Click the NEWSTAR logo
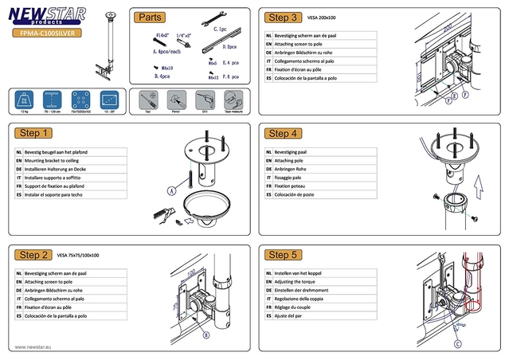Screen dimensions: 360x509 pyautogui.click(x=46, y=17)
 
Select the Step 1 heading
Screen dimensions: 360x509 pyautogui.click(x=35, y=133)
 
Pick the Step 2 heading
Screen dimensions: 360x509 pyautogui.click(x=35, y=255)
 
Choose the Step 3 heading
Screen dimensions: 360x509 pyautogui.click(x=284, y=17)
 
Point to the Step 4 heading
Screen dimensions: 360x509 pyautogui.click(x=284, y=133)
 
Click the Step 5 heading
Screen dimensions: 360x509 pyautogui.click(x=284, y=255)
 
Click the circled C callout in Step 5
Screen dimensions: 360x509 pyautogui.click(x=458, y=345)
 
